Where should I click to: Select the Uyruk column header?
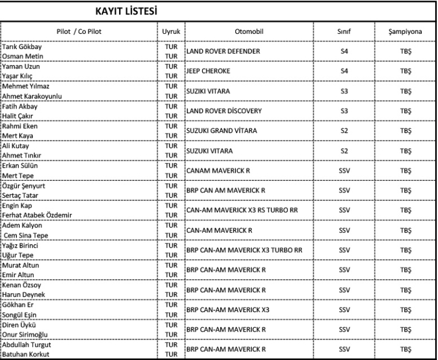[x=171, y=31]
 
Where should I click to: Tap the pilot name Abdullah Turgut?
[x=27, y=345]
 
